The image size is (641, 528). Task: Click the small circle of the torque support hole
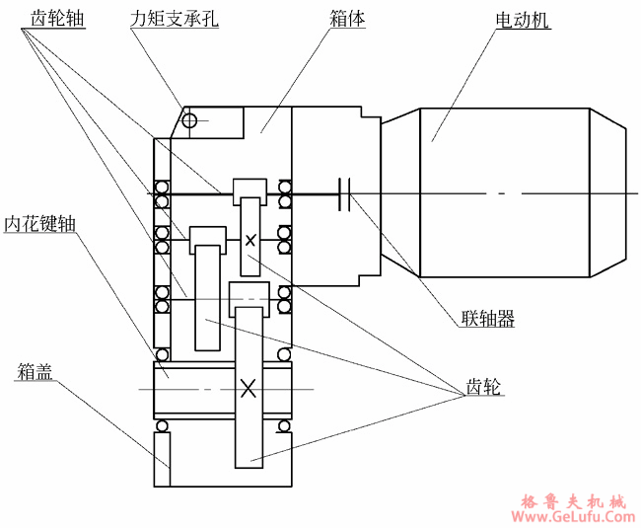[x=189, y=120]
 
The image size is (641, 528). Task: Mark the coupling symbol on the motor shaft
[x=344, y=194]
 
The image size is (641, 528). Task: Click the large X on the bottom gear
[x=249, y=388]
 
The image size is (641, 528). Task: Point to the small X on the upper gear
[x=250, y=239]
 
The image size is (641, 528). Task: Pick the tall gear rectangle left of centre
[x=206, y=296]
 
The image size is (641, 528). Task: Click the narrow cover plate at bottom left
[x=163, y=459]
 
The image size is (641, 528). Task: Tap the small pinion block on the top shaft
[x=249, y=189]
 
